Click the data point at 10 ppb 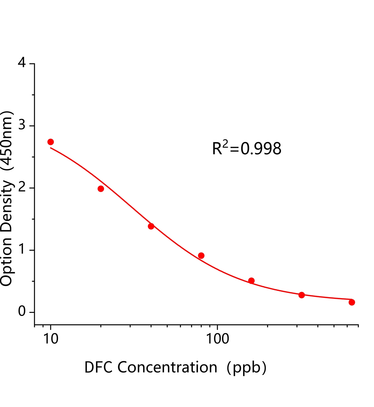51,142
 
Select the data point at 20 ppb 101,189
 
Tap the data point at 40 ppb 151,226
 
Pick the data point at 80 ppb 201,256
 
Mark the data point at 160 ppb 251,281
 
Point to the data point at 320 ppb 302,295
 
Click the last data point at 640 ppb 352,302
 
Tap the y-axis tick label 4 22,63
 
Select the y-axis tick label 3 22,125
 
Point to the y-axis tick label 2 22,188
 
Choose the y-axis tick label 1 22,250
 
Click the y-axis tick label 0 22,312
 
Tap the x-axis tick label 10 51,339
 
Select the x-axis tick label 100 217,339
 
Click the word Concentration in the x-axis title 167,367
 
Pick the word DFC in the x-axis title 98,367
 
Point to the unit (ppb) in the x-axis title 246,368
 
